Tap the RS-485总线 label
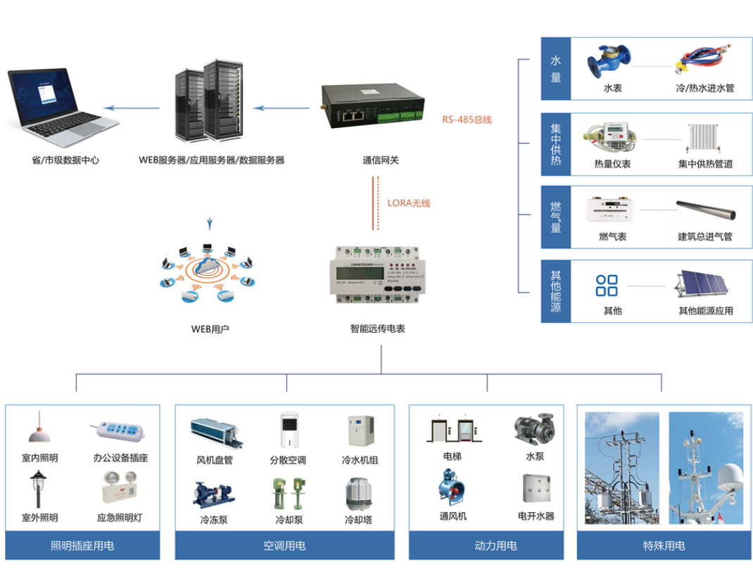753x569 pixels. tap(467, 120)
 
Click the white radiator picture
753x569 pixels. tap(704, 138)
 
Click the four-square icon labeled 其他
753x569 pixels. tap(607, 286)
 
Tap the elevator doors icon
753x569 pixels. tap(452, 430)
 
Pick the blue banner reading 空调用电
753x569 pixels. tap(284, 546)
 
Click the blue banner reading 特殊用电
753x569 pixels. tap(664, 546)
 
